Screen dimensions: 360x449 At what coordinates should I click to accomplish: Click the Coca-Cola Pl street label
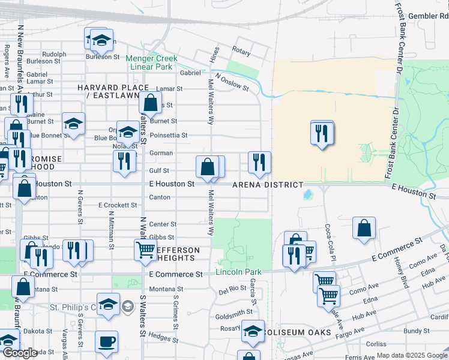[x=328, y=238]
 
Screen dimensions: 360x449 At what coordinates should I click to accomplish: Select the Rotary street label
[x=241, y=52]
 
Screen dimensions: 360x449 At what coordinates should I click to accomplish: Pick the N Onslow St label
[x=232, y=82]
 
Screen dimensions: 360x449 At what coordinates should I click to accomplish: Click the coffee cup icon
[x=107, y=342]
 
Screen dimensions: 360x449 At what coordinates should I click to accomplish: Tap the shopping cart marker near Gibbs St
[x=146, y=250]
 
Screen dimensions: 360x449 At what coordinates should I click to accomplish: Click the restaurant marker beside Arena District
[x=259, y=162]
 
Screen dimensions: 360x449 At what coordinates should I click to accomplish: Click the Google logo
[x=19, y=353]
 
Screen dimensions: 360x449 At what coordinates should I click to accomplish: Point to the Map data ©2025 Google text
[x=412, y=355]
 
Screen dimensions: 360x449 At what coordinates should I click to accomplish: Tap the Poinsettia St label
[x=169, y=136]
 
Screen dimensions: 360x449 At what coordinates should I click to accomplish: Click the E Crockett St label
[x=118, y=205]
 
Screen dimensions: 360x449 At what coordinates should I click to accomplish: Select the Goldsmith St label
[x=234, y=313]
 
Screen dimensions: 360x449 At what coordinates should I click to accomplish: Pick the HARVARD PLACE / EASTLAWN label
[x=113, y=92]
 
